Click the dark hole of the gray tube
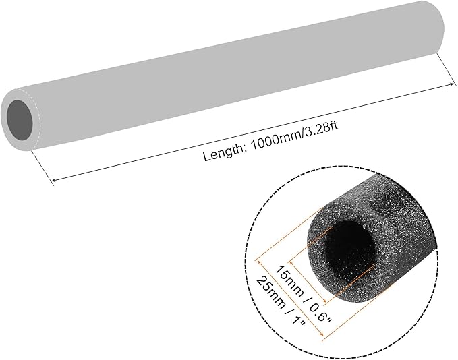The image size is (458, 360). coord(20,120)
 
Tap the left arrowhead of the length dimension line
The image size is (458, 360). coord(53,180)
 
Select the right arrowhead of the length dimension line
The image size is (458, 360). coord(452,84)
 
